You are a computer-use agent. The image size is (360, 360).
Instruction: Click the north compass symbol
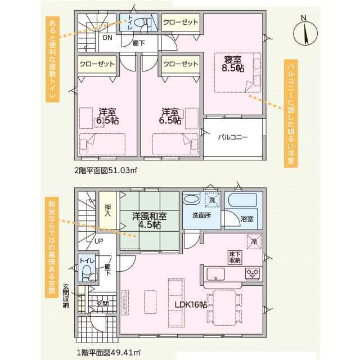[x=305, y=31]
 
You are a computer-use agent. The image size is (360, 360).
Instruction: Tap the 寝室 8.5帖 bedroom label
[x=233, y=64]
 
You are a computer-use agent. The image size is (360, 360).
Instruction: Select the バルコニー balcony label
[x=233, y=137]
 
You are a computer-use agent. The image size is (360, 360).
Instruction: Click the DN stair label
[x=107, y=38]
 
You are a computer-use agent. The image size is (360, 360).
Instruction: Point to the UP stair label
[x=99, y=241]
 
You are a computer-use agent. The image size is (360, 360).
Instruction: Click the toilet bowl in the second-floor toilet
[x=139, y=22]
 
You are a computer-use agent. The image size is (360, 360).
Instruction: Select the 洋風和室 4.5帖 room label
[x=149, y=220]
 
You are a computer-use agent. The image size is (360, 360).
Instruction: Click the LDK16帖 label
[x=191, y=305]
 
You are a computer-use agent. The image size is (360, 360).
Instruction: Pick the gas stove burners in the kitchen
[x=253, y=273]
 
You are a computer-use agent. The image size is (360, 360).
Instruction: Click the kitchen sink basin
[x=215, y=274]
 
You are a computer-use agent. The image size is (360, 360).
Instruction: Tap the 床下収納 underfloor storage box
[x=235, y=258]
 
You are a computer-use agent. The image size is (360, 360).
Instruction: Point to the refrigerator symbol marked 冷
[x=254, y=241]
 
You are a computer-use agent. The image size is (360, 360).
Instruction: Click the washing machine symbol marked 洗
[x=212, y=200]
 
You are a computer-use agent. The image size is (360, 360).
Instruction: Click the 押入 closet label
[x=107, y=210]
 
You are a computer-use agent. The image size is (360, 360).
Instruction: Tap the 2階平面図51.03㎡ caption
[x=106, y=170]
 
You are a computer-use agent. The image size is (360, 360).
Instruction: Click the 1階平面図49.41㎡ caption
[x=109, y=353]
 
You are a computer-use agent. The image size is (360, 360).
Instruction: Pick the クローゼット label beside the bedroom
[x=181, y=22]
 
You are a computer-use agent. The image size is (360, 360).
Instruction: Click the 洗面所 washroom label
[x=201, y=215]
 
